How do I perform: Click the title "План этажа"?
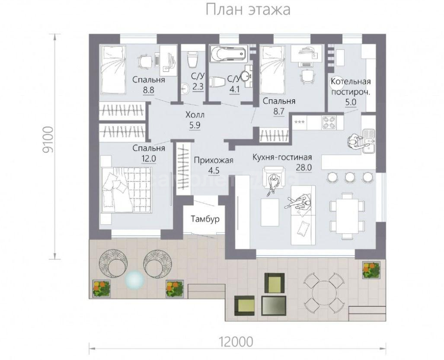[248, 10]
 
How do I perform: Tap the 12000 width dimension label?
[236, 342]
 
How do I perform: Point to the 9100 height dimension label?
[48, 140]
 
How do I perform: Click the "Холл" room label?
[195, 115]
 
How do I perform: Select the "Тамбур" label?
[205, 219]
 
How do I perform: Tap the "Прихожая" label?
[214, 160]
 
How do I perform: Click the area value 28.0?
[304, 168]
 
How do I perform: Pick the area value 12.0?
[149, 159]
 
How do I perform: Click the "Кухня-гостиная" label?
[282, 157]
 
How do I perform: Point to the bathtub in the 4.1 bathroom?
[228, 53]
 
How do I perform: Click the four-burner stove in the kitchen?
[329, 123]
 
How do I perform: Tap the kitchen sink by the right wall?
[368, 140]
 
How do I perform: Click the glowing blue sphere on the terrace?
[135, 280]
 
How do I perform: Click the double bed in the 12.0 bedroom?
[127, 189]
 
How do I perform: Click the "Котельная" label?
[351, 82]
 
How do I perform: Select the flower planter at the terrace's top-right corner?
[371, 270]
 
